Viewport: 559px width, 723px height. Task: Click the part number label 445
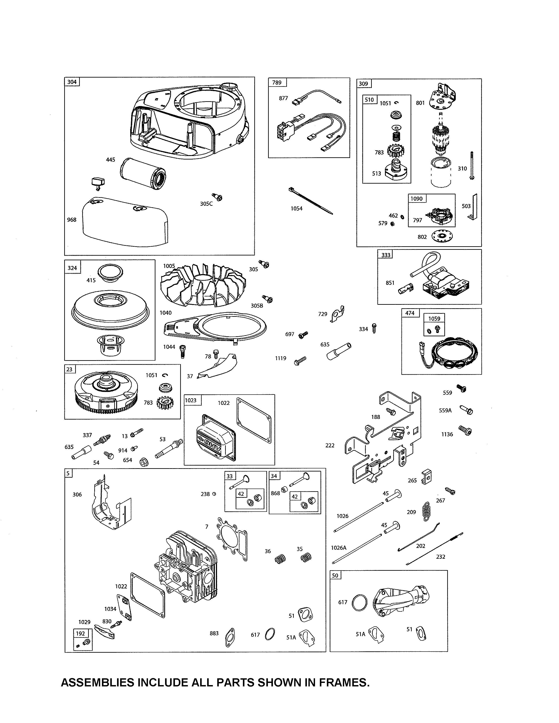click(x=110, y=160)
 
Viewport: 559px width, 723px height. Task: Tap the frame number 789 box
click(x=277, y=82)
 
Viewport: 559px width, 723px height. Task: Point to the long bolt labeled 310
click(x=472, y=165)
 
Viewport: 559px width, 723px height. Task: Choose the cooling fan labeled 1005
click(x=203, y=285)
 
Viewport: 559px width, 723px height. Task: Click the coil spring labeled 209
click(x=427, y=511)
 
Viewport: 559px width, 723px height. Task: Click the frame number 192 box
click(x=80, y=634)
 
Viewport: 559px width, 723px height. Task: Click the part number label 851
click(x=390, y=283)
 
